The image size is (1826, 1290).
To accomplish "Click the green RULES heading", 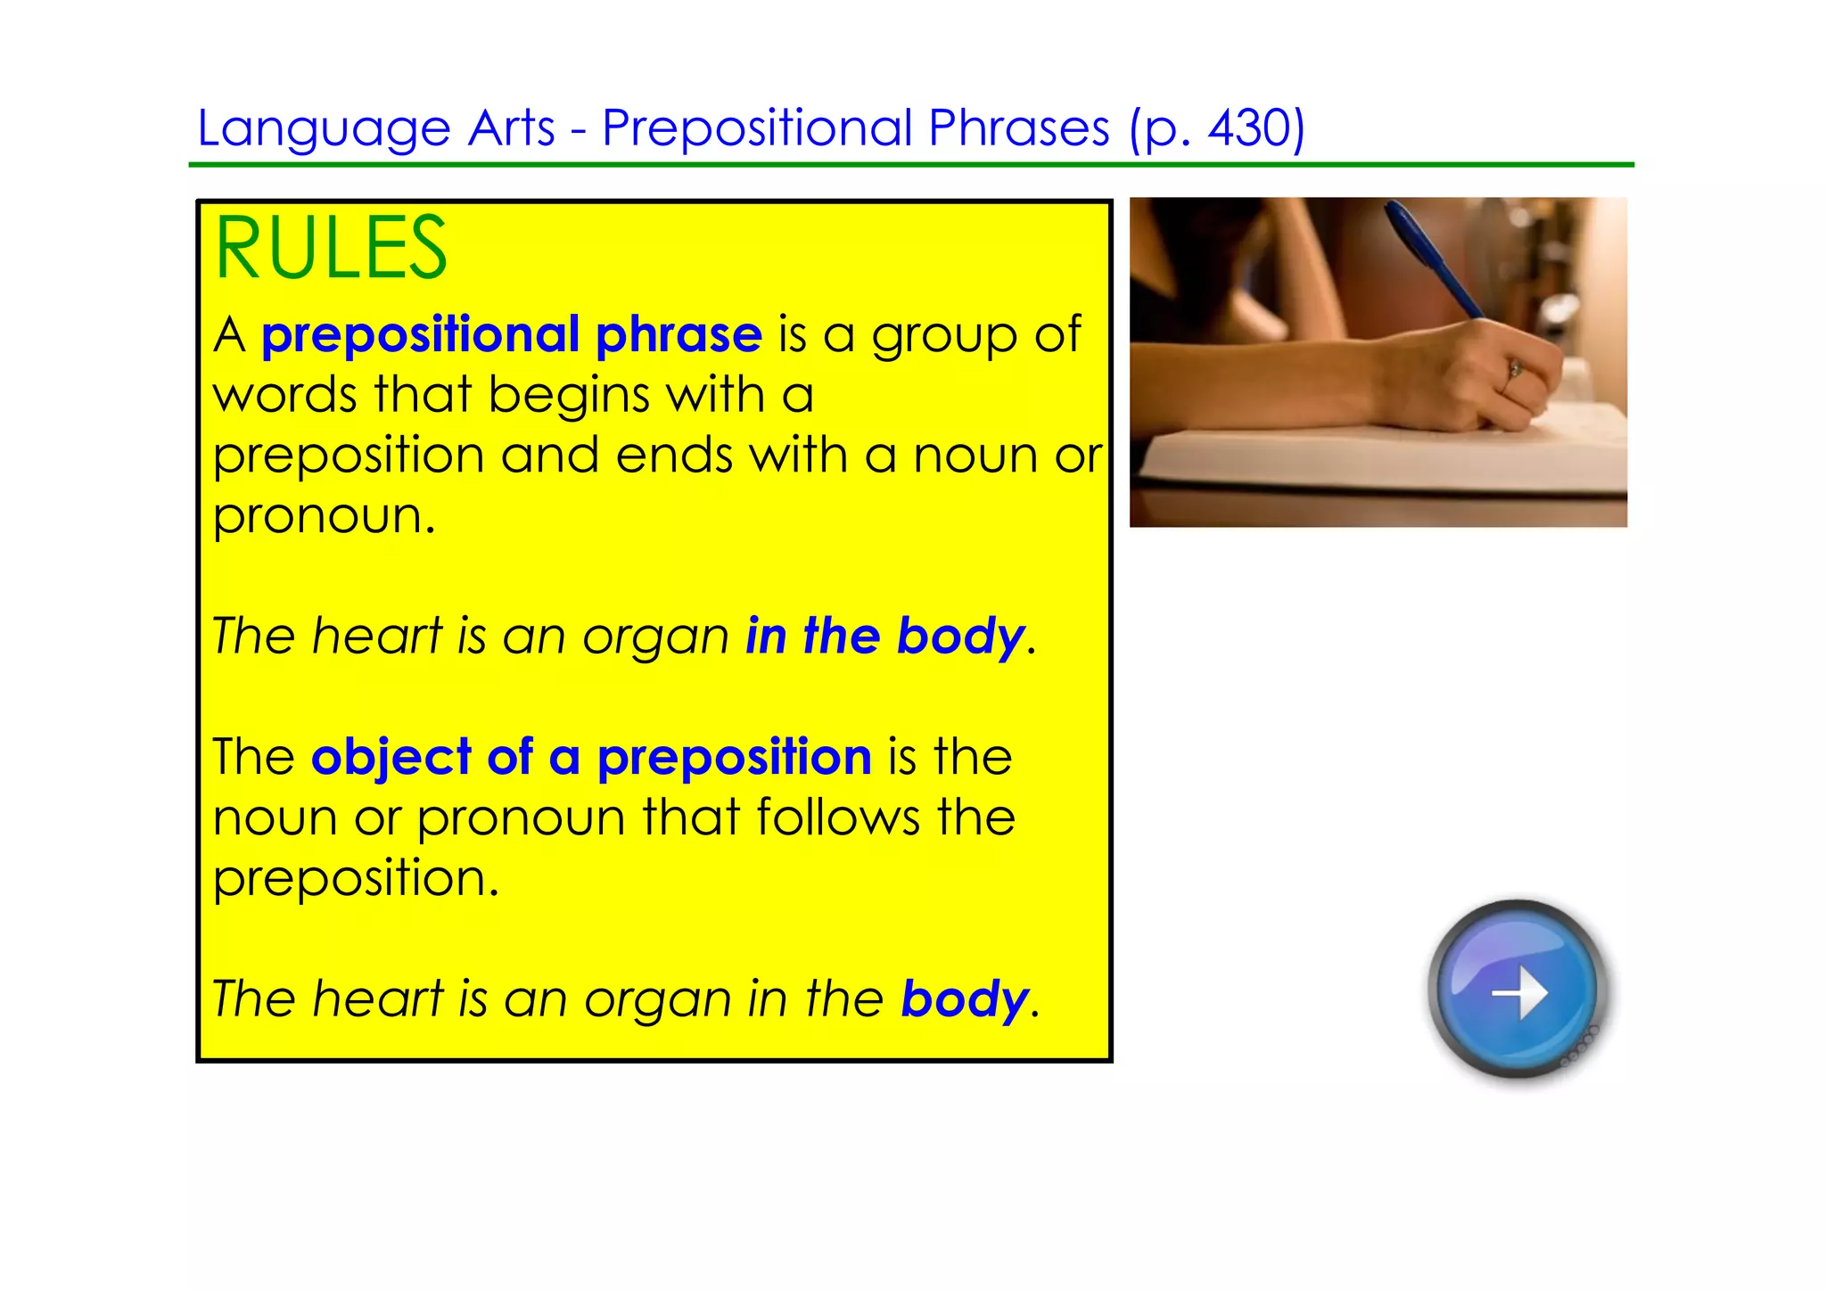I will tap(331, 249).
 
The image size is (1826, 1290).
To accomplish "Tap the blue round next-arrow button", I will tap(1518, 990).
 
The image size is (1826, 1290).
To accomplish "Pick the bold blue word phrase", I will tap(679, 336).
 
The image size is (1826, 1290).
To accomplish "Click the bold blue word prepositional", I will tap(420, 336).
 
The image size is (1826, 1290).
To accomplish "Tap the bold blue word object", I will tap(390, 758).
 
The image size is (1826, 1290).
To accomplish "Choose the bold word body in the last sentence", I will tap(964, 999).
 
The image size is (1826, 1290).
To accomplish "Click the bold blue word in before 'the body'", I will tap(765, 637).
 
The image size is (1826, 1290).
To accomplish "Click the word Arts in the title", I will tap(511, 127).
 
